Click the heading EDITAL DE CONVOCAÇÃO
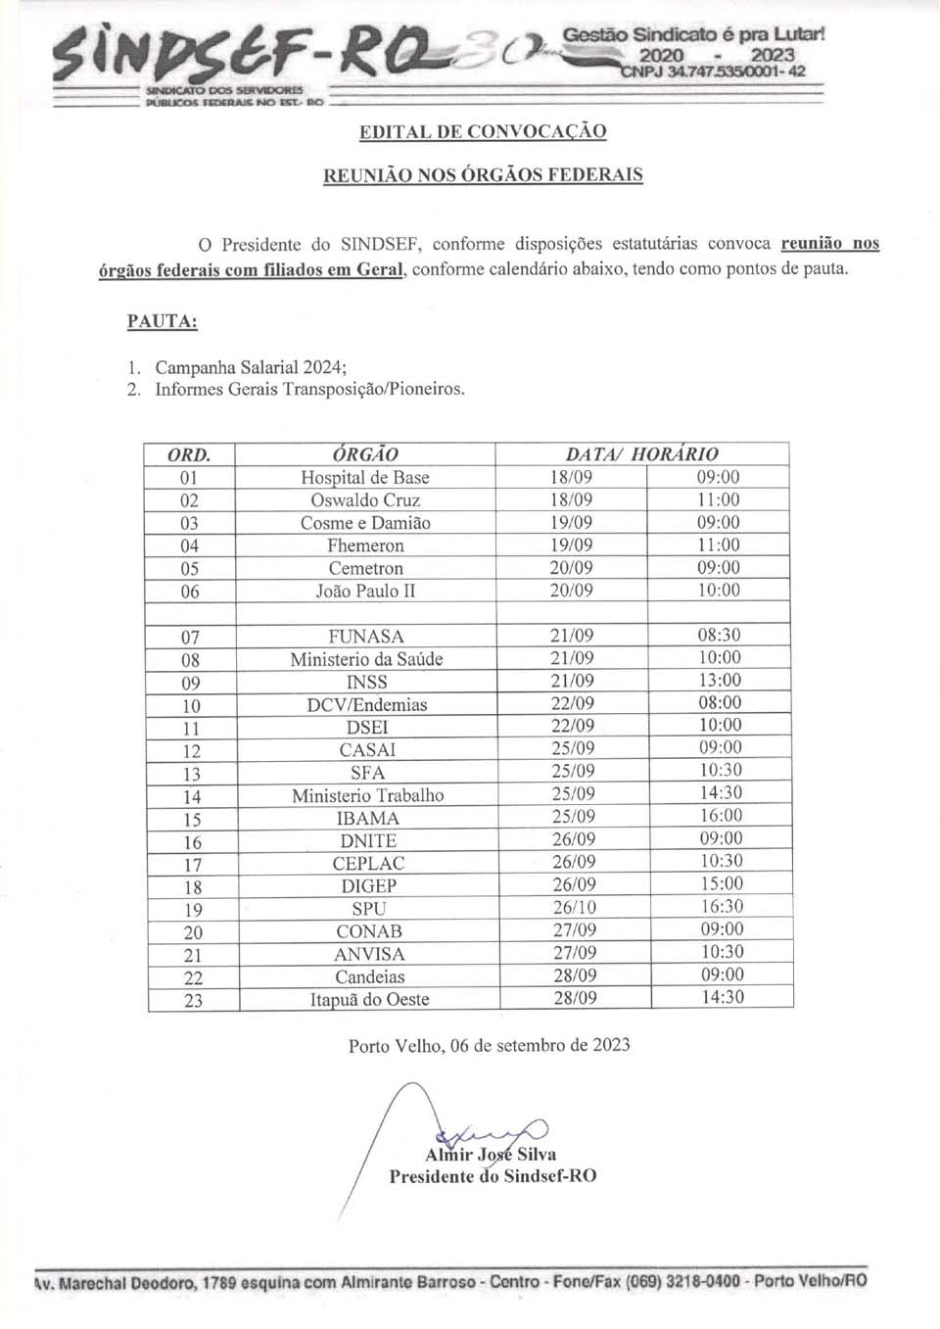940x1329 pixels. pos(483,131)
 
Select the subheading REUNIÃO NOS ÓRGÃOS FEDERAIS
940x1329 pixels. pos(483,175)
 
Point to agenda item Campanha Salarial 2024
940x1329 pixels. pos(250,367)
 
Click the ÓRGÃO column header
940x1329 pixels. pos(365,454)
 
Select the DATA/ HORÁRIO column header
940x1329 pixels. pos(641,454)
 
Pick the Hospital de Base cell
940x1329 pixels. pos(365,478)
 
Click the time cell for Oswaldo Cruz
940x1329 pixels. pos(718,499)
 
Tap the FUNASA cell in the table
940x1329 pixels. pos(366,637)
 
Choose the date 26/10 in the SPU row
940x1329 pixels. pos(574,908)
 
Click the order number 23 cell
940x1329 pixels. pos(193,1000)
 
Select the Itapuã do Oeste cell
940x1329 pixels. pos(369,1000)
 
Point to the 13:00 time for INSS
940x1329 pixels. pos(719,681)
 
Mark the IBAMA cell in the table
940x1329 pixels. pos(367,819)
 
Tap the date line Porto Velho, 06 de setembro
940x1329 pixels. pos(489,1045)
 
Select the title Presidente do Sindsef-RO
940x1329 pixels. pos(493,1176)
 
